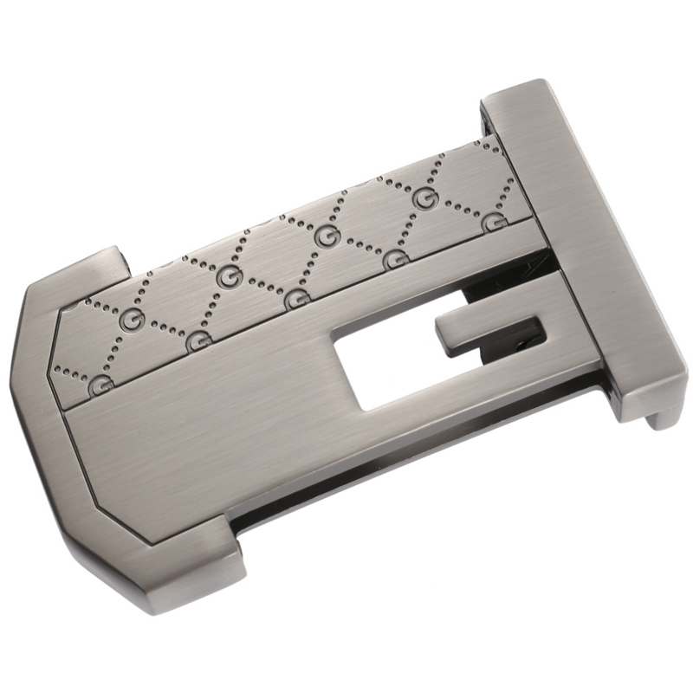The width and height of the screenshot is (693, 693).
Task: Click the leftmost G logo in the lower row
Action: point(100,384)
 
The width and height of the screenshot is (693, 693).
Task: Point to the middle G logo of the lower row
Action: point(295,300)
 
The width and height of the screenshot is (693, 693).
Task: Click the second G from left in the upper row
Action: point(229,275)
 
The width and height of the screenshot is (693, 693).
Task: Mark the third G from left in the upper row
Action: point(325,239)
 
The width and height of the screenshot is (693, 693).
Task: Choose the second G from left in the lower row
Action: point(198,342)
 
